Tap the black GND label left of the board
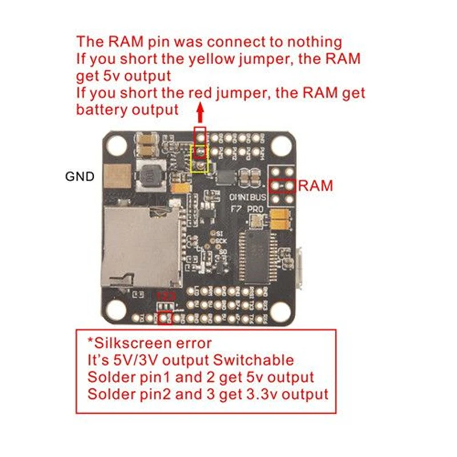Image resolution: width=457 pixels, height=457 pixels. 80,177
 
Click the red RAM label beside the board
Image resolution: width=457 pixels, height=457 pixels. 315,185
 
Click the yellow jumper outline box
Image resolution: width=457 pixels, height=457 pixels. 199,158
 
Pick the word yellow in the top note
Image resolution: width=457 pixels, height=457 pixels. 197,59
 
